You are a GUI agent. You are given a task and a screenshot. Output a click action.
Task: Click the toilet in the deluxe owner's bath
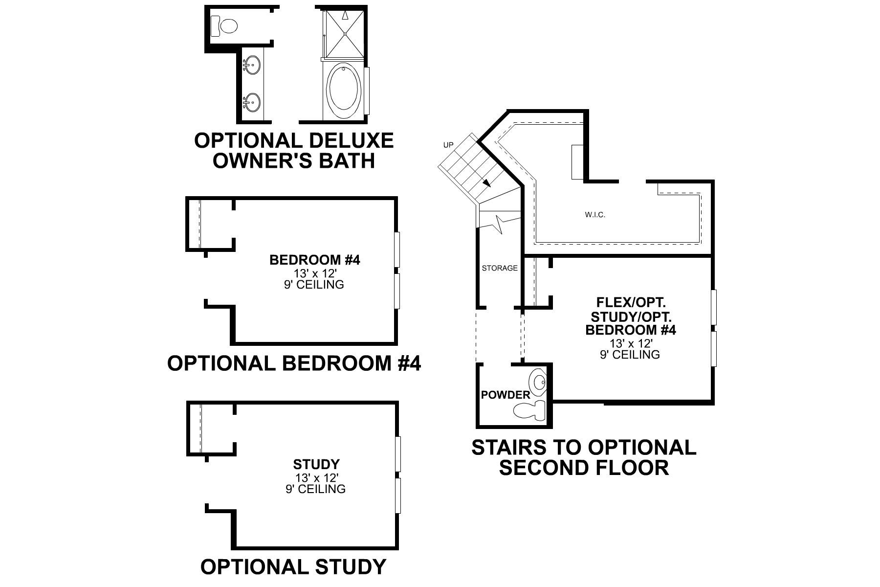[223, 25]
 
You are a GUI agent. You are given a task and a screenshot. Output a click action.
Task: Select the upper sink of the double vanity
[251, 64]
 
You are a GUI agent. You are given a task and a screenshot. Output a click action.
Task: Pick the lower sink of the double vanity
[251, 102]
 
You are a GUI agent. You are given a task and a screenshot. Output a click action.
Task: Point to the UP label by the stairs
[448, 145]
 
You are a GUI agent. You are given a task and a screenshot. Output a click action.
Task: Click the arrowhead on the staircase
[487, 183]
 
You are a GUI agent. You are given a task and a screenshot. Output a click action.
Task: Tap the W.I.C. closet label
[594, 214]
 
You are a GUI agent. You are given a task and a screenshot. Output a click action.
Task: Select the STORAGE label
[500, 268]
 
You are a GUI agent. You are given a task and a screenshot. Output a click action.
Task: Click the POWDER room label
[506, 395]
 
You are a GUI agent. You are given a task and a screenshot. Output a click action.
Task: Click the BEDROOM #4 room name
[314, 260]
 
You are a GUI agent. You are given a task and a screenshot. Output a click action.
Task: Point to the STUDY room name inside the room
[316, 464]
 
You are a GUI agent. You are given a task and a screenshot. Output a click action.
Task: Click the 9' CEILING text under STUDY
[315, 489]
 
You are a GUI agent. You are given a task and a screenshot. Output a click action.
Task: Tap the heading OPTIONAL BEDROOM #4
[294, 363]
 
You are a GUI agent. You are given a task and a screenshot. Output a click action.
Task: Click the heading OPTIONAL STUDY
[293, 567]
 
